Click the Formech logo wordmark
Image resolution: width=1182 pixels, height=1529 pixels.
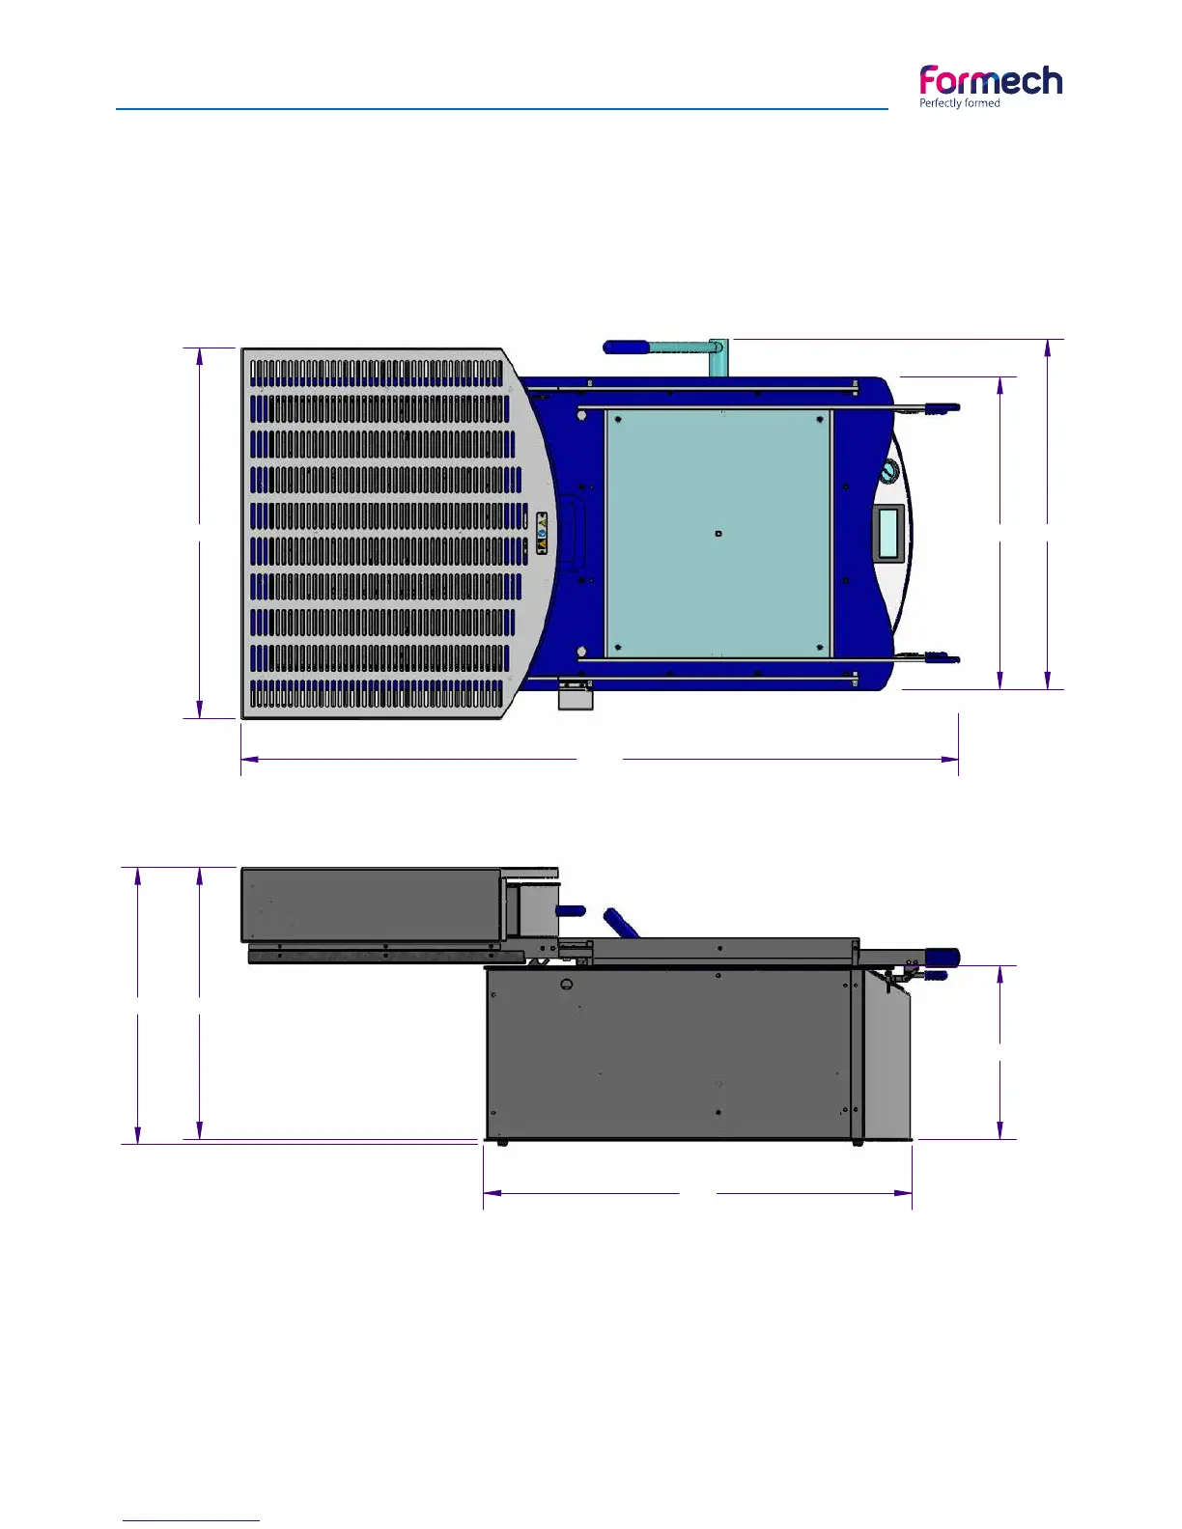991,81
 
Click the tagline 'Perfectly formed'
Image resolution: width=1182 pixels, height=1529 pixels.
960,103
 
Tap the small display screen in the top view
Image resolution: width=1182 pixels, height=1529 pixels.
888,534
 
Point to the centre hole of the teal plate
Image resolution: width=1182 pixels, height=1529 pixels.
718,534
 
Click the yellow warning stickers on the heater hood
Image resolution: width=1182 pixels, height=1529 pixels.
542,533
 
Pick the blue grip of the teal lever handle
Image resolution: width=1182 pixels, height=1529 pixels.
626,347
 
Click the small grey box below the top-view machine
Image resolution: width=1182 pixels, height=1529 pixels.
576,696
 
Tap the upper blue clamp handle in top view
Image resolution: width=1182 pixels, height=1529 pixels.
942,407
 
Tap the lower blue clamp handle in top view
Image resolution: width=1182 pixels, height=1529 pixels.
942,658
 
